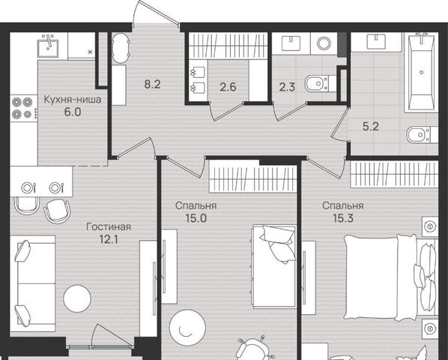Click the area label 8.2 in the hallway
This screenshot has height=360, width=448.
pyautogui.click(x=152, y=84)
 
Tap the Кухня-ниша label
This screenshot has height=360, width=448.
pyautogui.click(x=73, y=100)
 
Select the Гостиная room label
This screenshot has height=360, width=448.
pyautogui.click(x=109, y=227)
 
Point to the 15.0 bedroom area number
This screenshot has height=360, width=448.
pyautogui.click(x=196, y=218)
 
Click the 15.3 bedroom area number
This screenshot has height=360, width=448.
pyautogui.click(x=343, y=218)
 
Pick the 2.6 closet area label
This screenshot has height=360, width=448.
pyautogui.click(x=228, y=87)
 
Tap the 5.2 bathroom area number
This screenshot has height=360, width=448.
pyautogui.click(x=371, y=126)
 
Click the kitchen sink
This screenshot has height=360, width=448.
pyautogui.click(x=48, y=46)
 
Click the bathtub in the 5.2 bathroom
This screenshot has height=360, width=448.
pyautogui.click(x=422, y=72)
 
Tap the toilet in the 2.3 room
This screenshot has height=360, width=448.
pyautogui.click(x=317, y=83)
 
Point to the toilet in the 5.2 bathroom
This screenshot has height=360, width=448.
pyautogui.click(x=419, y=134)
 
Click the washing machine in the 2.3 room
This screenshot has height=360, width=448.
pyautogui.click(x=324, y=43)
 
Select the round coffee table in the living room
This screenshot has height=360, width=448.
pyautogui.click(x=77, y=298)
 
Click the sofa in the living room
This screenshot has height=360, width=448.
pyautogui.click(x=32, y=283)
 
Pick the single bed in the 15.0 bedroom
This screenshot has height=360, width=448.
pyautogui.click(x=273, y=266)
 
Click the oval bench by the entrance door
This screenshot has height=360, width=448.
pyautogui.click(x=120, y=48)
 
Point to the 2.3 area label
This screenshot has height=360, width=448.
pyautogui.click(x=287, y=87)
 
